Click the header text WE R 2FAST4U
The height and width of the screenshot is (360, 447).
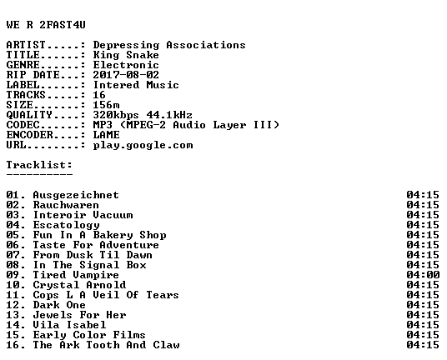click(x=46, y=25)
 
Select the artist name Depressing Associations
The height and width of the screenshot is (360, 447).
click(x=169, y=45)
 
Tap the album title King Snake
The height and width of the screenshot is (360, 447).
click(x=126, y=55)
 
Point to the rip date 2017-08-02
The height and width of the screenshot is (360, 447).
click(x=126, y=75)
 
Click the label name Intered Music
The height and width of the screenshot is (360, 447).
click(x=136, y=85)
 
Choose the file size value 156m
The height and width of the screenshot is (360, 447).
click(x=107, y=105)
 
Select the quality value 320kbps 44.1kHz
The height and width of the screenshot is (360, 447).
click(x=143, y=115)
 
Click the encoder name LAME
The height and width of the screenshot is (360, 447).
click(x=107, y=135)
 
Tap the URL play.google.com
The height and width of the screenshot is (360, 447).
click(x=143, y=145)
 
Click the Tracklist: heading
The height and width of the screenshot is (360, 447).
click(x=39, y=165)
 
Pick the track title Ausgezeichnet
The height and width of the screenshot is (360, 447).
click(x=76, y=195)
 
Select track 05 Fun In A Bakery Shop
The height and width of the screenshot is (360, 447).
click(x=86, y=235)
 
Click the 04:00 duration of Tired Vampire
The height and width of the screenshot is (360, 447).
click(x=423, y=275)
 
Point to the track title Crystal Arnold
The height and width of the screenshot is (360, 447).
click(x=79, y=285)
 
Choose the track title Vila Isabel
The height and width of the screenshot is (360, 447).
click(x=69, y=325)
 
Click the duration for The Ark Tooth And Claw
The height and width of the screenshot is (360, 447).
click(x=423, y=345)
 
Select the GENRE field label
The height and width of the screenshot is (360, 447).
click(x=23, y=65)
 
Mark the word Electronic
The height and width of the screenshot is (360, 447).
click(x=126, y=65)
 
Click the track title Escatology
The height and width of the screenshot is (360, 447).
click(x=66, y=225)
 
